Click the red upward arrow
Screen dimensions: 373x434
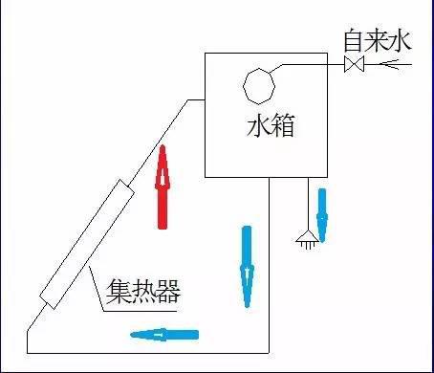click(163, 186)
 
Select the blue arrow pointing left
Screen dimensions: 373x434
click(163, 334)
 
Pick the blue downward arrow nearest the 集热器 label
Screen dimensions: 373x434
click(248, 266)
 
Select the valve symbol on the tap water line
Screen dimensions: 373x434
click(354, 65)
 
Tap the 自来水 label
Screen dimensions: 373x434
click(379, 40)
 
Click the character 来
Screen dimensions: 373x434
click(379, 40)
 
